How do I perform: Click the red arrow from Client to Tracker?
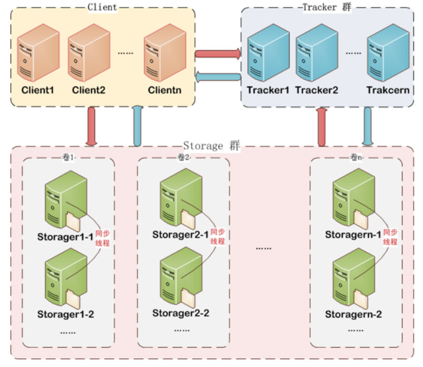point(218,54)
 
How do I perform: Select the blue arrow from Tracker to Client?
point(218,77)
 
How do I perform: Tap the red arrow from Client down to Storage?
point(91,126)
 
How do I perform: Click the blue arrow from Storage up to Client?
point(137,126)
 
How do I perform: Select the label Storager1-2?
point(66,314)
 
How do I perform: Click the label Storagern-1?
point(353,235)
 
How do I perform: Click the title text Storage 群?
point(211,145)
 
